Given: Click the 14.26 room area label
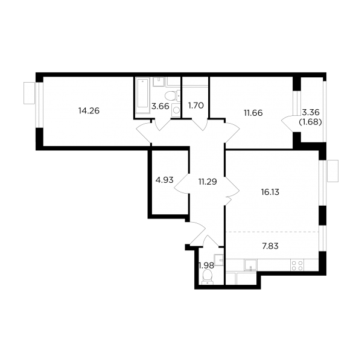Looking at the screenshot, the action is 89,111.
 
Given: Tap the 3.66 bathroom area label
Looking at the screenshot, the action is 160,106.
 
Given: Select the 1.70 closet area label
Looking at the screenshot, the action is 195,106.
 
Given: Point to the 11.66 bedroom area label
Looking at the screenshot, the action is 253,113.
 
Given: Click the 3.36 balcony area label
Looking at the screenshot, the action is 311,112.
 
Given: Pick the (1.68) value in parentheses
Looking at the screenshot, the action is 310,122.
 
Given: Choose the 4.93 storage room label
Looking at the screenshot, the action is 164,180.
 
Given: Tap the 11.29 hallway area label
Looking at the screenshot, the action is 208,182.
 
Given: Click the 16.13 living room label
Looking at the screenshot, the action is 270,192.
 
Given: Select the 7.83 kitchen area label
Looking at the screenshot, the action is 270,246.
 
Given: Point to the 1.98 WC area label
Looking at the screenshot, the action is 206,265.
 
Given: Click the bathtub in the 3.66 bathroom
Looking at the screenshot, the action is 142,95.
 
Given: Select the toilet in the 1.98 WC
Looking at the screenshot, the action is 207,276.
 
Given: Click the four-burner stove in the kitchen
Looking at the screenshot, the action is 297,265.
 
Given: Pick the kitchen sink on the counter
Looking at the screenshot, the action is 251,265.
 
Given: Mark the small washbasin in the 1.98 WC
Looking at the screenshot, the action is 218,260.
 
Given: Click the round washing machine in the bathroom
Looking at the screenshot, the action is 176,110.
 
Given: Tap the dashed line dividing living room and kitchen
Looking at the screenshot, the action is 273,232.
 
